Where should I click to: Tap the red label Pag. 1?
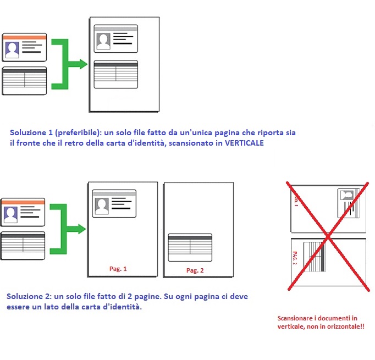pyautogui.click(x=118, y=269)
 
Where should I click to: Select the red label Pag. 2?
pyautogui.click(x=195, y=270)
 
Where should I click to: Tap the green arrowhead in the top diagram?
pyautogui.click(x=84, y=64)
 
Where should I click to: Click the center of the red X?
pyautogui.click(x=328, y=236)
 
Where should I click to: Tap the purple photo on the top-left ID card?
pyautogui.click(x=12, y=49)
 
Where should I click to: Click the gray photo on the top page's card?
pyautogui.click(x=103, y=41)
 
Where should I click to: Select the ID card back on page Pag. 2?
pyautogui.click(x=190, y=247)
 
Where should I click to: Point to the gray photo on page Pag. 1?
pyautogui.click(x=102, y=206)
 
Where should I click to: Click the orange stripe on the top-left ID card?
pyautogui.click(x=24, y=37)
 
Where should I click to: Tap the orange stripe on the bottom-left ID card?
pyautogui.click(x=23, y=202)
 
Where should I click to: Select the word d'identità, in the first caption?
pyautogui.click(x=146, y=143)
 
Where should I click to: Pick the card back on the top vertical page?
pyautogui.click(x=116, y=74)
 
